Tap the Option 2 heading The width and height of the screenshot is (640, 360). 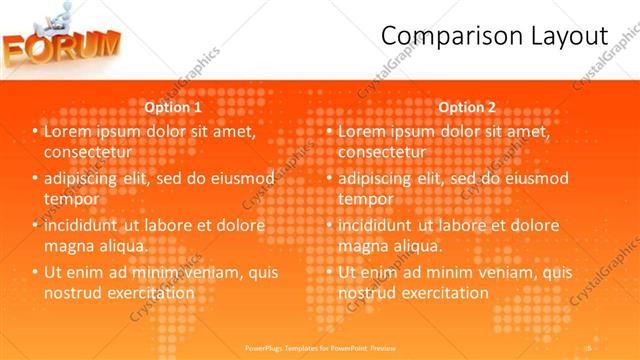click(x=466, y=107)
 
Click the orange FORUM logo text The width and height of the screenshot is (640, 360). click(x=62, y=46)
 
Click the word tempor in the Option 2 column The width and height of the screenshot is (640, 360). click(x=365, y=199)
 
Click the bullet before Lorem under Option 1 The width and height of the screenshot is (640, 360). click(x=36, y=132)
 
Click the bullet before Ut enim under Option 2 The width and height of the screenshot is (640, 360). click(x=331, y=272)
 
